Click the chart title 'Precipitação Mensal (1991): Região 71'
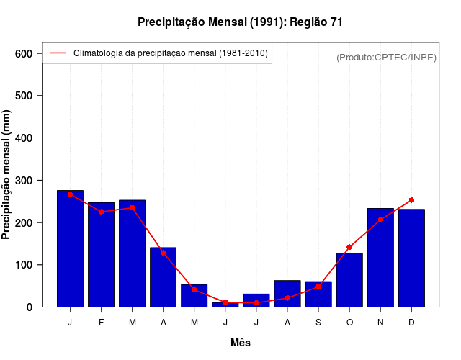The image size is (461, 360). coord(240,22)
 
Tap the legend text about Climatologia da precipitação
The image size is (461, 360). coord(171,53)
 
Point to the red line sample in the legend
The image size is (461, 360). coord(58,53)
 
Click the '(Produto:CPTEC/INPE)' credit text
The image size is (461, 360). coord(386,57)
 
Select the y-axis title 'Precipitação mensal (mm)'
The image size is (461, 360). coord(7,174)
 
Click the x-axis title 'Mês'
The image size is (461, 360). coord(241,343)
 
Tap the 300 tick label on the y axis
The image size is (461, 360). coord(24,180)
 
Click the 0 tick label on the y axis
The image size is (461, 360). coord(30,307)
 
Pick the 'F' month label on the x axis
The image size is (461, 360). coord(102,323)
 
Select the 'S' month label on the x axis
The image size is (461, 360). coord(318,323)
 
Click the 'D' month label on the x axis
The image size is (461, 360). coord(411,323)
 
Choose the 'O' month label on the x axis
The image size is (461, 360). coord(349,323)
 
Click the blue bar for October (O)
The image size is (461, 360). coord(349,280)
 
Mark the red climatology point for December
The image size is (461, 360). coord(411,200)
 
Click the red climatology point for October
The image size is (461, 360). coord(349,247)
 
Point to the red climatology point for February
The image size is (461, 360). coord(102,212)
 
